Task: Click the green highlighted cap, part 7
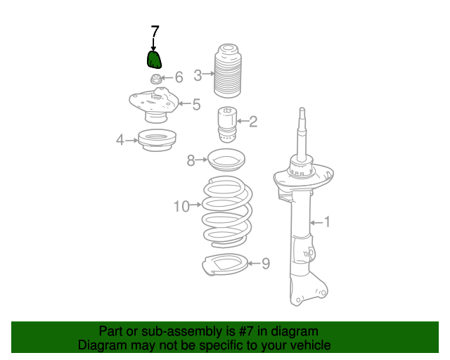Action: pyautogui.click(x=154, y=60)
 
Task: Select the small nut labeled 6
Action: pyautogui.click(x=156, y=79)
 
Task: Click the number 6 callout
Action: pyautogui.click(x=179, y=77)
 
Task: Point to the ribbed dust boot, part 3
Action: pyautogui.click(x=228, y=71)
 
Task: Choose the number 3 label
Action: pyautogui.click(x=198, y=75)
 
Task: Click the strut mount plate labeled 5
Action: pyautogui.click(x=154, y=105)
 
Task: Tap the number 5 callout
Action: pyautogui.click(x=196, y=105)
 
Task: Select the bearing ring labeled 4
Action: pyautogui.click(x=157, y=139)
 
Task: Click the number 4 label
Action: pyautogui.click(x=120, y=140)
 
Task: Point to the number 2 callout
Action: pyautogui.click(x=253, y=122)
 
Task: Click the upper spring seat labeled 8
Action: pyautogui.click(x=226, y=160)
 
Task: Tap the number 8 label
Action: pyautogui.click(x=191, y=160)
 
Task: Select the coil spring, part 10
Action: pyautogui.click(x=227, y=212)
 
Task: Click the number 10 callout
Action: pyautogui.click(x=181, y=207)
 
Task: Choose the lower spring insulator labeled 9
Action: pyautogui.click(x=225, y=264)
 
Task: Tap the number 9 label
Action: pyautogui.click(x=266, y=264)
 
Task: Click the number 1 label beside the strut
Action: pyautogui.click(x=327, y=222)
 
